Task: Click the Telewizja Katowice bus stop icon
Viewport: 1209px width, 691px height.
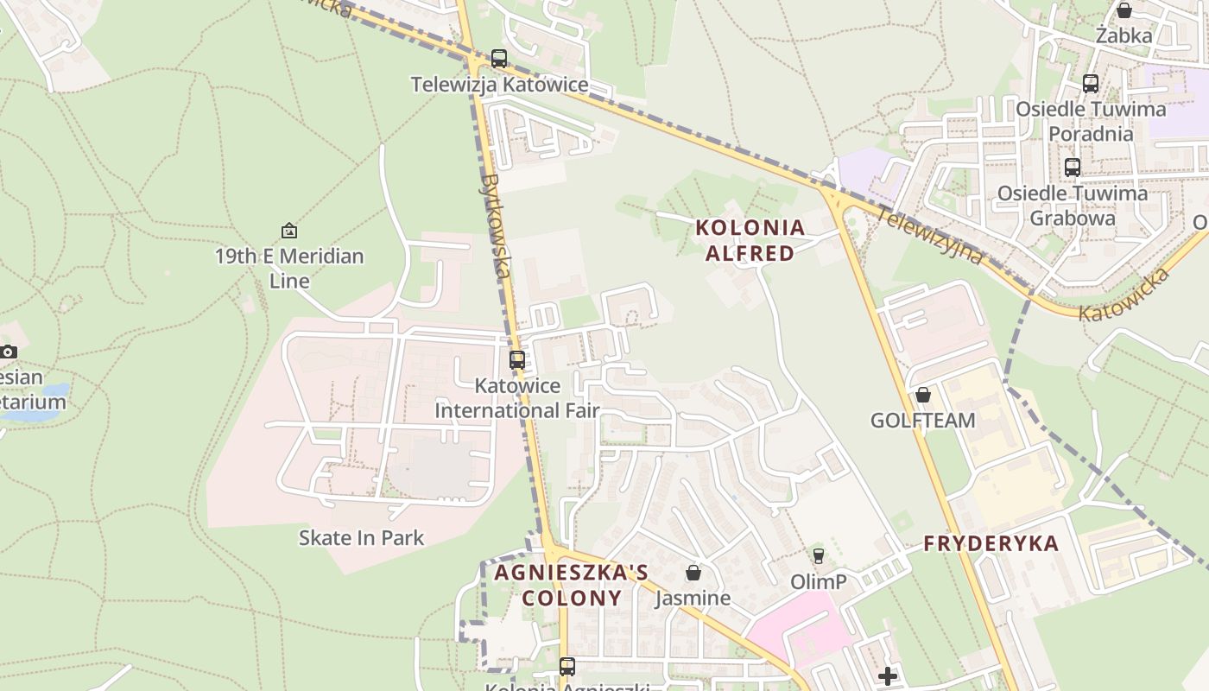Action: click(499, 59)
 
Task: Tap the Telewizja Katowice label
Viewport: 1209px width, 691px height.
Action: click(499, 85)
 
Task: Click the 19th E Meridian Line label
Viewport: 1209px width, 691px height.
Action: click(289, 268)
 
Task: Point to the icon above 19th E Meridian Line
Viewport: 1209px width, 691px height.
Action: click(289, 231)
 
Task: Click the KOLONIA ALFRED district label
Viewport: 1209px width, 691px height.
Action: click(750, 240)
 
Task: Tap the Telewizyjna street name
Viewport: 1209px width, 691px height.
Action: click(929, 236)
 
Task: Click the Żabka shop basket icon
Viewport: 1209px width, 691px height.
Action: click(1124, 10)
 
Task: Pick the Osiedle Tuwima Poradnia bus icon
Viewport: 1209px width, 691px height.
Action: click(1091, 84)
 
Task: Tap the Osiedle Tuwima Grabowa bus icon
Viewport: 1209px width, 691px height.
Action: click(1073, 168)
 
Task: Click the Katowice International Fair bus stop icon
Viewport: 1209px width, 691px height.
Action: click(517, 360)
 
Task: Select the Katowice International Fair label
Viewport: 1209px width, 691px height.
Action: click(517, 397)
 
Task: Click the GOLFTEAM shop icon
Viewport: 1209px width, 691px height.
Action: click(923, 395)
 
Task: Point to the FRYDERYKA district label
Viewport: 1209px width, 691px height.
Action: click(991, 543)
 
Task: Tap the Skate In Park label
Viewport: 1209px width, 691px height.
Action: click(361, 537)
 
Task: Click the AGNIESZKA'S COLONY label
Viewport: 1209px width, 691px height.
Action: click(571, 585)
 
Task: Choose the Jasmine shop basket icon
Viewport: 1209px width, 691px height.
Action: click(693, 573)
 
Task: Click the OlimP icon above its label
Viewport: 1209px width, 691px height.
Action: click(819, 555)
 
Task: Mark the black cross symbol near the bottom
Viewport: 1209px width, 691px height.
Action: click(887, 675)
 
